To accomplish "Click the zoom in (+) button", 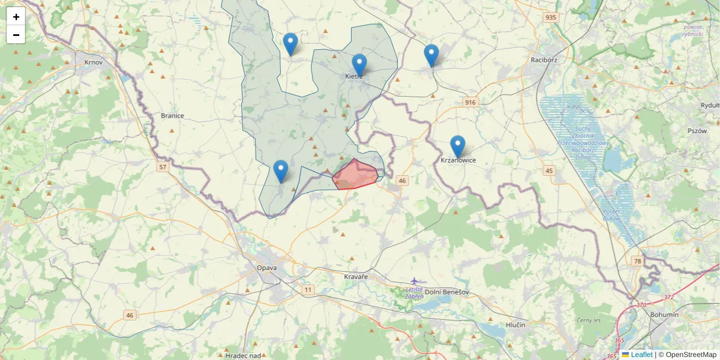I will coord(16,17).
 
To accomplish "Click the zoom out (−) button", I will coord(16,35).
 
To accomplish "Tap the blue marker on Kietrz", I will coord(359,65).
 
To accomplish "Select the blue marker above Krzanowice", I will coord(457,146).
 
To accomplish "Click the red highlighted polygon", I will coord(355,175).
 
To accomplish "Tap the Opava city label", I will coord(266,268).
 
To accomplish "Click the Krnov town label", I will coord(94,62).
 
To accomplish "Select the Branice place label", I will coord(172,115).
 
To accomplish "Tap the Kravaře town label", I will coord(355,277).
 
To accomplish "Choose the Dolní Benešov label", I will coord(447,292).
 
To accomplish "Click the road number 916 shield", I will coord(470,103).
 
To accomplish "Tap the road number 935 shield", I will coord(551,17).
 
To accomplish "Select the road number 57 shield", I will coord(163,167).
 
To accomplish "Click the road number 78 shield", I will coord(637,261).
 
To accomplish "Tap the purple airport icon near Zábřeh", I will coord(414,281).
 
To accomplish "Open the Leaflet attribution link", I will coord(641,355).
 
